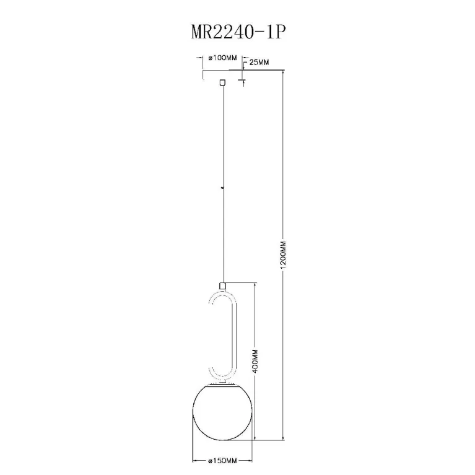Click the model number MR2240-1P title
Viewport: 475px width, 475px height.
[x=238, y=32]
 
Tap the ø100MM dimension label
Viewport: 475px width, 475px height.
[x=223, y=58]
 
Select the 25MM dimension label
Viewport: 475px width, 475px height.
[x=259, y=63]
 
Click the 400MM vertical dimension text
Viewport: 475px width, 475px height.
[x=255, y=362]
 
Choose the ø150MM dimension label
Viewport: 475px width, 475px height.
[x=222, y=461]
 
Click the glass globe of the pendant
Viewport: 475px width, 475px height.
[x=223, y=413]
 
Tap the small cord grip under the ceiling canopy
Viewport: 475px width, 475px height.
[x=223, y=82]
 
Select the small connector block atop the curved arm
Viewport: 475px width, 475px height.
[x=223, y=285]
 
